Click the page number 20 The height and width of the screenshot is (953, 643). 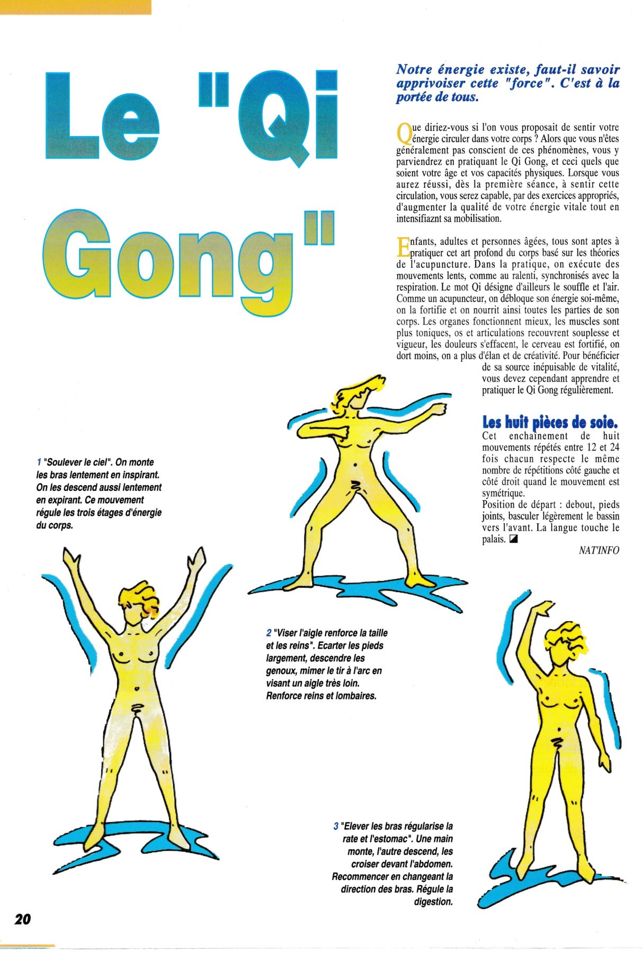click(23, 919)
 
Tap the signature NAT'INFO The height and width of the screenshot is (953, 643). click(599, 551)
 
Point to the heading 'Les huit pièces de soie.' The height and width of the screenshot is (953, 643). click(550, 422)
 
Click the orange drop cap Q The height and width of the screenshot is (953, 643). click(404, 133)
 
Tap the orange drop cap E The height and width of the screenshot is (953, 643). click(403, 247)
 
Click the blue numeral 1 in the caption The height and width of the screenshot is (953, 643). click(39, 462)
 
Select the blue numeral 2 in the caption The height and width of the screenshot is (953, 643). click(269, 633)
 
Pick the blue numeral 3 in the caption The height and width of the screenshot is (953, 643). click(336, 826)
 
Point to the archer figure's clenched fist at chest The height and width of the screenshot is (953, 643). click(344, 431)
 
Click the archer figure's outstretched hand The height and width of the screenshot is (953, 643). click(437, 410)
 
